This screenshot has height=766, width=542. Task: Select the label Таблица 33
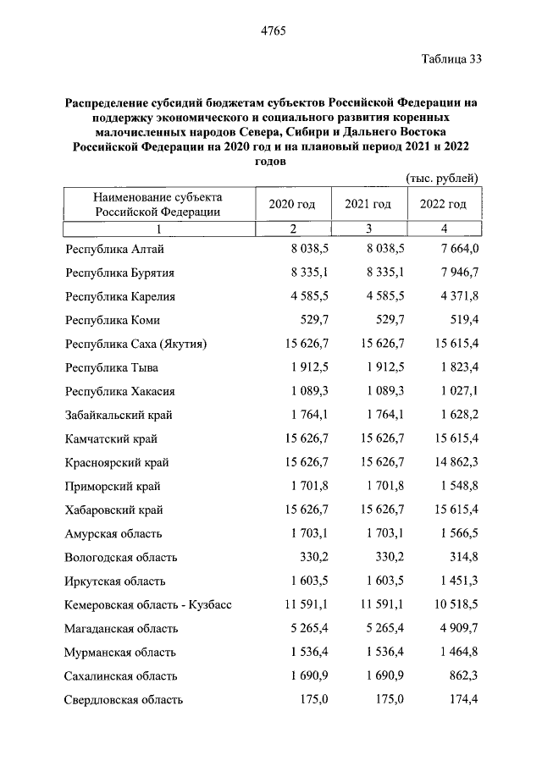(x=451, y=59)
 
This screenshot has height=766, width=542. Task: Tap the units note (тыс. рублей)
(x=442, y=178)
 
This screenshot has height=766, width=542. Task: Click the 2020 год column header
(x=292, y=205)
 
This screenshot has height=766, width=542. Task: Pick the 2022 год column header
(x=443, y=205)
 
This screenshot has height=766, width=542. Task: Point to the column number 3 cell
(x=368, y=229)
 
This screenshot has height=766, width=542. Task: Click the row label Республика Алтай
(x=114, y=250)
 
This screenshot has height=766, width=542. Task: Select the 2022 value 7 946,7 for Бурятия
(x=455, y=273)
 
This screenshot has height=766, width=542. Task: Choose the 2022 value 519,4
(x=463, y=321)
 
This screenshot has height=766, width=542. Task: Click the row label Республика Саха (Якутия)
(x=135, y=344)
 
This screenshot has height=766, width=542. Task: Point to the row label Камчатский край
(x=111, y=439)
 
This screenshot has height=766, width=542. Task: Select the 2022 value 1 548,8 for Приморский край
(x=455, y=487)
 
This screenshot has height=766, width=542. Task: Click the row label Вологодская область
(x=120, y=558)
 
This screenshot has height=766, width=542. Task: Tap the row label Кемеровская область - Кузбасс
(x=147, y=605)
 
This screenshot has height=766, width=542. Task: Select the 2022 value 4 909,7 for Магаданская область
(x=455, y=629)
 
